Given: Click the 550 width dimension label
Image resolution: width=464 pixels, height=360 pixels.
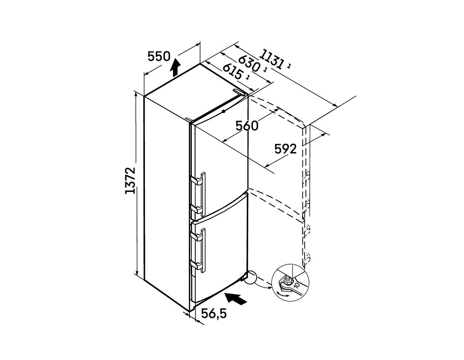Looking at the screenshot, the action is (159, 57).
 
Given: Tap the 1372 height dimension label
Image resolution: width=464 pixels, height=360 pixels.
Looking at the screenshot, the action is (130, 181).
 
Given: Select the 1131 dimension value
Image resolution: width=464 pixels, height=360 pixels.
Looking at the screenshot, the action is (271, 59).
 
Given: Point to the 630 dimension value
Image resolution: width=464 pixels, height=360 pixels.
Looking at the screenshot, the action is (249, 64).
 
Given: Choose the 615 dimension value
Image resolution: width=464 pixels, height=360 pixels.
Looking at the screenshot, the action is (232, 71).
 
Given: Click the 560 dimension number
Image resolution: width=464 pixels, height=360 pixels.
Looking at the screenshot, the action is (247, 126).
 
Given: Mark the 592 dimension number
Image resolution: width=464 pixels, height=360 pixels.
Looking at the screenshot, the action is (285, 149).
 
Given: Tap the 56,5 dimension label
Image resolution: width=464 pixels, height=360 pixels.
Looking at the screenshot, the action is (214, 314).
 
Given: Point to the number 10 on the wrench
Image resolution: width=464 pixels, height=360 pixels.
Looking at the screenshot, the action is (297, 285).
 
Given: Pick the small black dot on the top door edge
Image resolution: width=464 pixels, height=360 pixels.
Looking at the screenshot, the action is (223, 111).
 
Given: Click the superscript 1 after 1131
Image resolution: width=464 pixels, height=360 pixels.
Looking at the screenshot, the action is (289, 66).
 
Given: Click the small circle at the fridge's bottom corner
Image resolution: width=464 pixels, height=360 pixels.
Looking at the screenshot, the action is (250, 277).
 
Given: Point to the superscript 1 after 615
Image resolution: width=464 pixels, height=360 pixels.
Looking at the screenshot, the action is (247, 78).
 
